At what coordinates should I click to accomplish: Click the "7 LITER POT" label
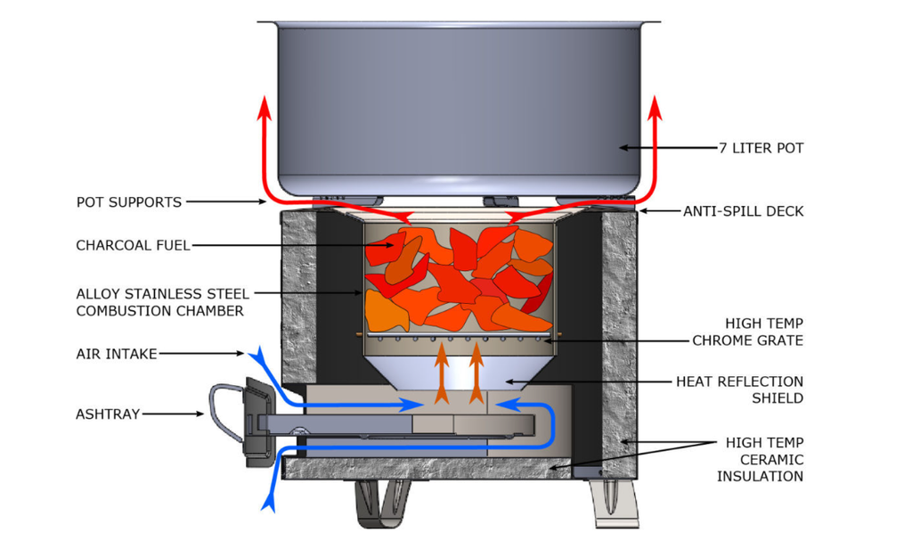[761, 148]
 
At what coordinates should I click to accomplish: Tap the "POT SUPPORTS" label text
[129, 202]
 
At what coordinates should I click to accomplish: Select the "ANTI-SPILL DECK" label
[744, 211]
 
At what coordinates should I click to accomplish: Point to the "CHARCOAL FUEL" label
[133, 245]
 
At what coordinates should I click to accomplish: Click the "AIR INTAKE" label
[117, 354]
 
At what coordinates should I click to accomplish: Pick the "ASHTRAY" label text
[108, 414]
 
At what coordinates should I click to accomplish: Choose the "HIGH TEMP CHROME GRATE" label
[748, 332]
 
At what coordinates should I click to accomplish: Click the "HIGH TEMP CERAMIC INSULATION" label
[764, 459]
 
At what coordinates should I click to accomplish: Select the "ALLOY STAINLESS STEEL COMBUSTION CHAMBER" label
[159, 302]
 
